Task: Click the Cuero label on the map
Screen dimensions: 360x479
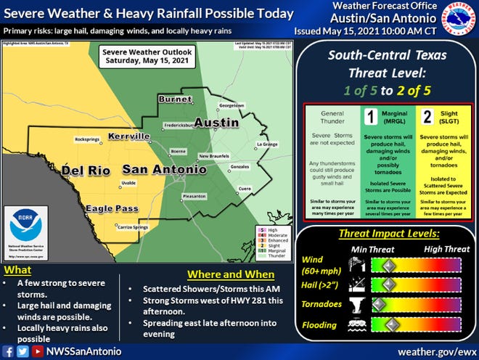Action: [245, 188]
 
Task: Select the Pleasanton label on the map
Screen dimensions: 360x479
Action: [195, 196]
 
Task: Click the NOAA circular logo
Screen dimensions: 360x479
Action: [25, 229]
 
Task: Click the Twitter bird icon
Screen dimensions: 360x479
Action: [22, 349]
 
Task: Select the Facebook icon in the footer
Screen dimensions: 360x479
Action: [9, 349]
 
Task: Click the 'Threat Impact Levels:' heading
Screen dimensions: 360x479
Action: [388, 234]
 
